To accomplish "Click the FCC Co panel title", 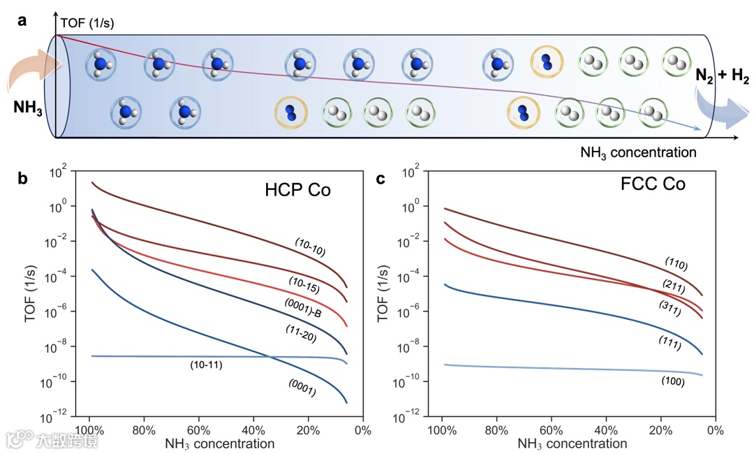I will [653, 184].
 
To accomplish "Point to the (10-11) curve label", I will [206, 365].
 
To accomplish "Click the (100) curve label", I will [671, 381].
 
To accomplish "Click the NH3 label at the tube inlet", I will [29, 108].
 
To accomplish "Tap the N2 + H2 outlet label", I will [720, 75].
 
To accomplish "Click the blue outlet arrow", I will [723, 112].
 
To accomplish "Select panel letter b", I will [23, 180].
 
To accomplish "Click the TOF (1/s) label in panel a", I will [87, 23].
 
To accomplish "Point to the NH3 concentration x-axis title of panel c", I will [572, 443].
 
